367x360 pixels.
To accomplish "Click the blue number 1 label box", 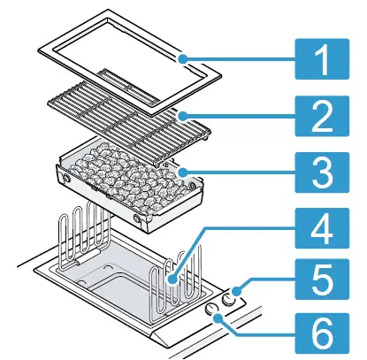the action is pyautogui.click(x=322, y=59).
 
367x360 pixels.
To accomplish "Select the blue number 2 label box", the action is pyautogui.click(x=322, y=116).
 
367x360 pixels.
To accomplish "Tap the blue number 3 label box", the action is pyautogui.click(x=322, y=172).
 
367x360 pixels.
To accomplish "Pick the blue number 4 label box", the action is pyautogui.click(x=322, y=228).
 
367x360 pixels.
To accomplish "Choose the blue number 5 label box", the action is pyautogui.click(x=322, y=279).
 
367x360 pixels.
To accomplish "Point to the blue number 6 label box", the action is pyautogui.click(x=322, y=333).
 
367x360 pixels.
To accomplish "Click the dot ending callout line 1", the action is pyautogui.click(x=183, y=59).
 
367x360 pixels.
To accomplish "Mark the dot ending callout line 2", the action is pyautogui.click(x=183, y=116).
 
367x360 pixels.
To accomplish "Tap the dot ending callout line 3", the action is pyautogui.click(x=183, y=172).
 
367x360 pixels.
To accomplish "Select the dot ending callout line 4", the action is pyautogui.click(x=172, y=279).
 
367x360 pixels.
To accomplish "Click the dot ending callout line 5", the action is pyautogui.click(x=237, y=292).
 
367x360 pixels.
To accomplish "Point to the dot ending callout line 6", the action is pyautogui.click(x=218, y=318).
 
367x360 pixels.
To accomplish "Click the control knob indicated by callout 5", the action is pyautogui.click(x=228, y=299).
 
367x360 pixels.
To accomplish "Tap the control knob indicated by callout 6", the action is pyautogui.click(x=211, y=308).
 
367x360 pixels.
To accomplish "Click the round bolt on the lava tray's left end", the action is pyautogui.click(x=65, y=179).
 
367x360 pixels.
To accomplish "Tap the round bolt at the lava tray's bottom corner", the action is pyautogui.click(x=137, y=218).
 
